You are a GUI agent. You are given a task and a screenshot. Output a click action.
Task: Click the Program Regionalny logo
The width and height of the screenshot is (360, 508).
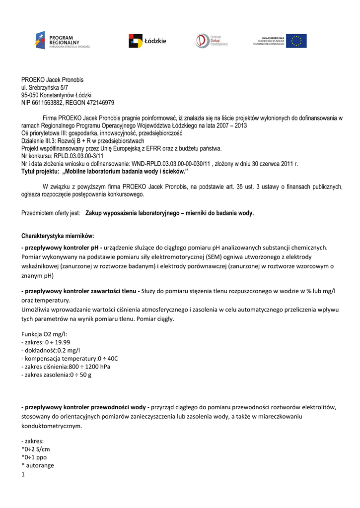click(62, 40)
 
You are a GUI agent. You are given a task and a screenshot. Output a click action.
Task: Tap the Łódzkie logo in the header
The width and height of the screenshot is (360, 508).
click(147, 41)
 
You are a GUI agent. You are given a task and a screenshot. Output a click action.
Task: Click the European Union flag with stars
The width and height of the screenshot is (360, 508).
click(296, 41)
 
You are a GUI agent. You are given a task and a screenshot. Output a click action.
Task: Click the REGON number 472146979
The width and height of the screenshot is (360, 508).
click(101, 103)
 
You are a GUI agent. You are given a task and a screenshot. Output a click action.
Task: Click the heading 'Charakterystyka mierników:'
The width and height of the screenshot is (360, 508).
click(58, 235)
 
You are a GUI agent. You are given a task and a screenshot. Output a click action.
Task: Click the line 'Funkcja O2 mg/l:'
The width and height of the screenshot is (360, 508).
click(44, 334)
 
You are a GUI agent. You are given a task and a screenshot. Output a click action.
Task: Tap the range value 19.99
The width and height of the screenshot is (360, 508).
click(62, 342)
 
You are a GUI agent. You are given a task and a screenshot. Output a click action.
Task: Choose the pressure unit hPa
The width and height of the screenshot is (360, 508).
click(104, 367)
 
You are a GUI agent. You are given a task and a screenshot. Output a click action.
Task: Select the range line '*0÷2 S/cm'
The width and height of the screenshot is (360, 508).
click(36, 449)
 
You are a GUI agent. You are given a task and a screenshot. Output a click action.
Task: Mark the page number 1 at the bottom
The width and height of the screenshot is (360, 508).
click(23, 475)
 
